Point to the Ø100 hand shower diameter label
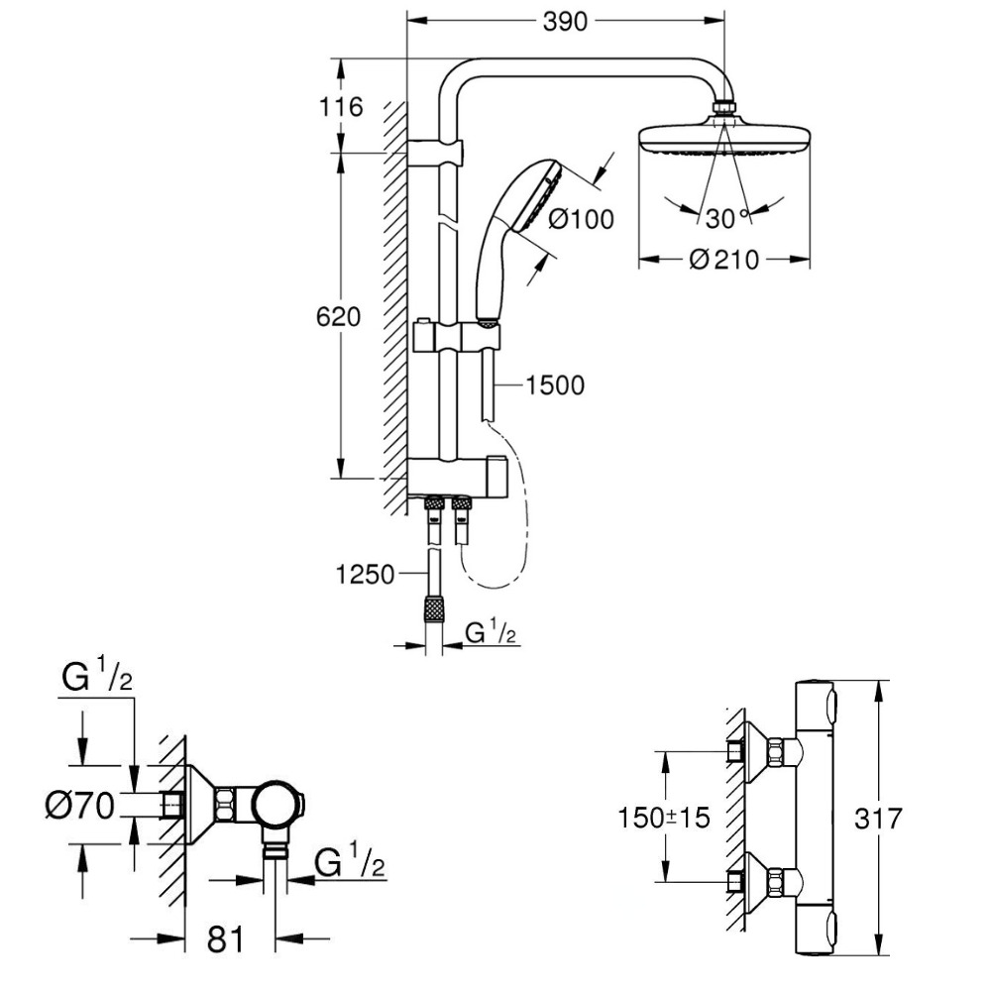coord(581,219)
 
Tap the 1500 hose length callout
coord(556,385)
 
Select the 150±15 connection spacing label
coord(664,820)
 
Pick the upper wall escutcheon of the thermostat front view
coord(764,749)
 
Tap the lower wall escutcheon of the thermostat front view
coord(764,880)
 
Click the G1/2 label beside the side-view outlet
coord(350,865)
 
